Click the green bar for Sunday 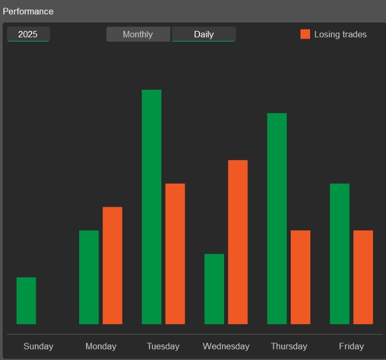tap(26, 300)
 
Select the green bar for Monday tap(89, 277)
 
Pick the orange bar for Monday tap(113, 265)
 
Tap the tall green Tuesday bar tap(152, 207)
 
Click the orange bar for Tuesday tap(175, 254)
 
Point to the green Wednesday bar tap(214, 289)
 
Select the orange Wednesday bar tap(238, 242)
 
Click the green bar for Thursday tap(277, 219)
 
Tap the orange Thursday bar tap(300, 277)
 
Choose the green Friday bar tap(340, 254)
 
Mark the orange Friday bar tap(363, 277)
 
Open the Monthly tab tap(138, 34)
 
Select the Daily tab tap(203, 34)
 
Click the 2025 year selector tap(28, 34)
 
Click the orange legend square tap(305, 34)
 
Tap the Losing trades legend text tap(340, 34)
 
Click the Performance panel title tap(28, 12)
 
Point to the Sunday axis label tap(38, 346)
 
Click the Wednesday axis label tap(226, 346)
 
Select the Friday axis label tap(351, 346)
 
